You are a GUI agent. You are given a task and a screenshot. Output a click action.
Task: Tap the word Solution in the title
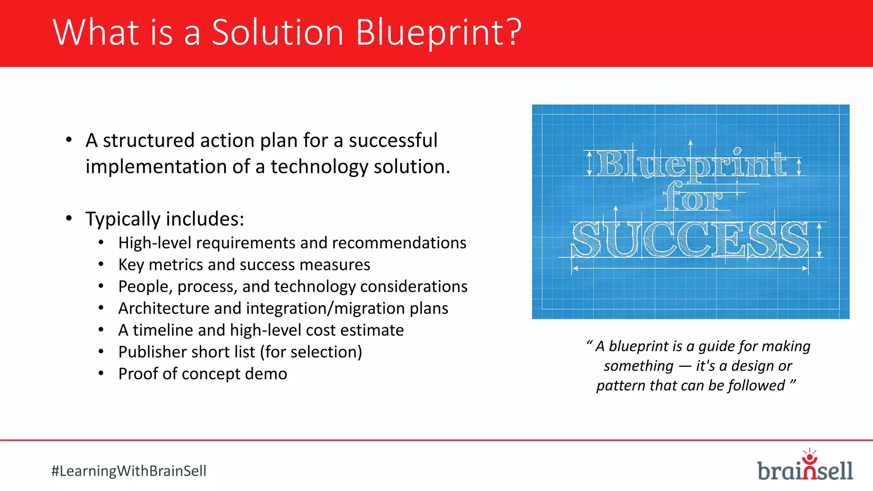278,32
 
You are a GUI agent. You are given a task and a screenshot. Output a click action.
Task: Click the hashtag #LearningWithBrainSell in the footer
129,471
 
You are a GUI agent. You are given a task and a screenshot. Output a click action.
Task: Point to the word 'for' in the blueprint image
693,197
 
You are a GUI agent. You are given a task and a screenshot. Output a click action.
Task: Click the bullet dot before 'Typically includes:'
69,219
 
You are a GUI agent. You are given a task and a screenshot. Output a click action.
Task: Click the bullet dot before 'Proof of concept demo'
101,374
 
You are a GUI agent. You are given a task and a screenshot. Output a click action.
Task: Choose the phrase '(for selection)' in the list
311,352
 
